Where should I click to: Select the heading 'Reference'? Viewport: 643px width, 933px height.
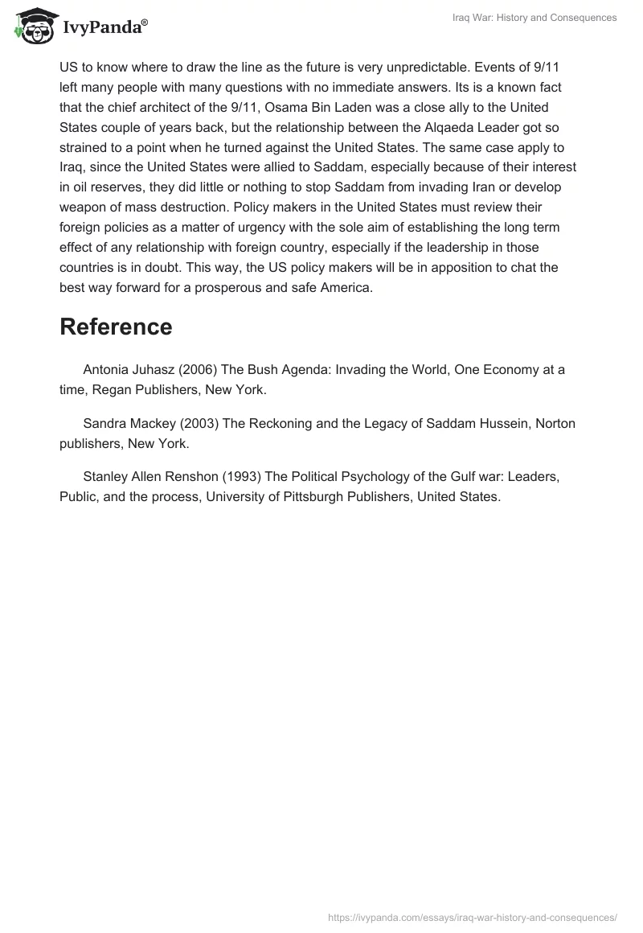click(x=116, y=327)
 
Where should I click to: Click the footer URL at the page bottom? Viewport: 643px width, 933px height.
click(x=473, y=917)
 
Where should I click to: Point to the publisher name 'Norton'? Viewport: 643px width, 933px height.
click(x=555, y=423)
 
